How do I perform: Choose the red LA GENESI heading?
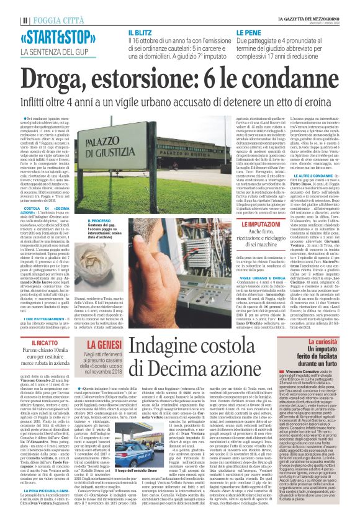click(103, 343)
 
